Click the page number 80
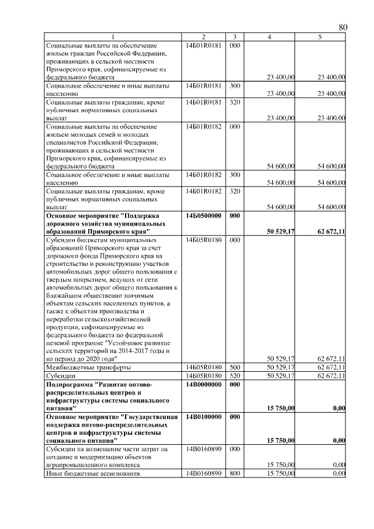[x=342, y=27]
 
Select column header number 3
[x=234, y=37]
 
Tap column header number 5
[x=320, y=37]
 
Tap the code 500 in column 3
[x=234, y=367]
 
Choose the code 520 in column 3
[x=234, y=375]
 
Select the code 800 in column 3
[x=234, y=473]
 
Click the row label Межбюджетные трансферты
[x=88, y=367]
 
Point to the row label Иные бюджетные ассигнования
[x=93, y=473]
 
